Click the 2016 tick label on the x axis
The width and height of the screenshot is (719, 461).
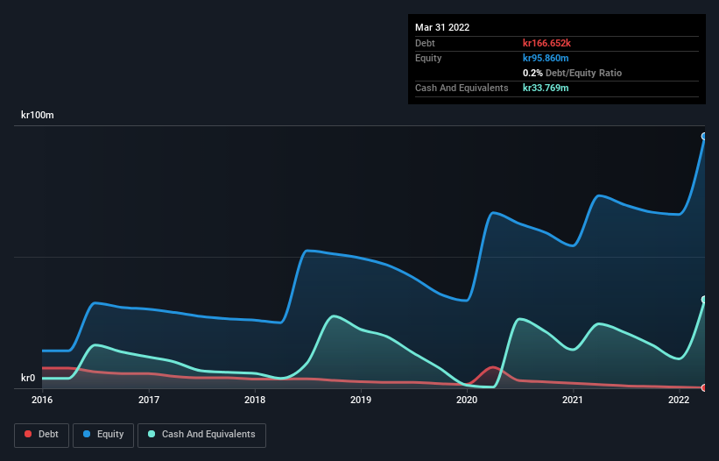tap(42, 401)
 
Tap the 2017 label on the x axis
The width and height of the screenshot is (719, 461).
tap(149, 401)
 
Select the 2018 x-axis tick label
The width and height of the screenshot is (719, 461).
tap(255, 401)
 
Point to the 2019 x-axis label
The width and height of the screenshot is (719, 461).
tap(361, 401)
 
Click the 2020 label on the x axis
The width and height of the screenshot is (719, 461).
tap(467, 401)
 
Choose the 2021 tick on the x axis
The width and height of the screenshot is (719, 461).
tap(573, 401)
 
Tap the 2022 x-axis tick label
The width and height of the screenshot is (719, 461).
tap(679, 401)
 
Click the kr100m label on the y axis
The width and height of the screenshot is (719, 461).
tap(38, 116)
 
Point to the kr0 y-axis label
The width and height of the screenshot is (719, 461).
tap(28, 379)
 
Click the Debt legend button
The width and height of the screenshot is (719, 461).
tap(41, 434)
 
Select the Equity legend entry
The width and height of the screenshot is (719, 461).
tap(104, 434)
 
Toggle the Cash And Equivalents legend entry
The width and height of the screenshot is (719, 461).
tap(201, 434)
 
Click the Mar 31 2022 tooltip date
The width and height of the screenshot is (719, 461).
tap(442, 27)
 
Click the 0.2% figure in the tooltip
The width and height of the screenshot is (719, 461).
tap(532, 73)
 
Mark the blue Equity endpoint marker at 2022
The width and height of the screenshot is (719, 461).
tap(704, 136)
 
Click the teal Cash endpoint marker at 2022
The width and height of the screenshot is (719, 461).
tap(704, 300)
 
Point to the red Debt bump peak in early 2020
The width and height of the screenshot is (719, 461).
tap(493, 367)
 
